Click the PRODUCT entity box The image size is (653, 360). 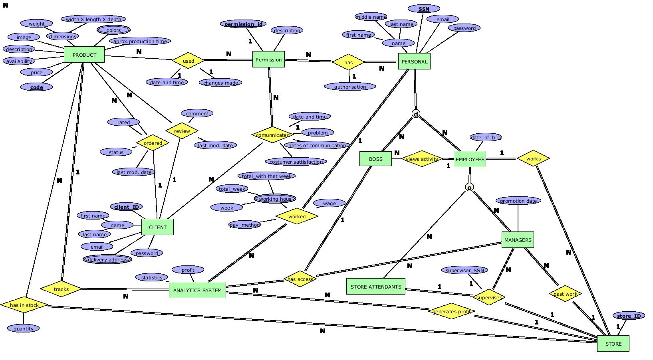pyautogui.click(x=84, y=55)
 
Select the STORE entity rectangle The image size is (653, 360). pyautogui.click(x=613, y=344)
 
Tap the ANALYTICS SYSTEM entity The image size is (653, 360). pyautogui.click(x=197, y=290)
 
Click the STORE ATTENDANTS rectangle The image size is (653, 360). pyautogui.click(x=375, y=287)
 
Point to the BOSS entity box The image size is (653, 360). pyautogui.click(x=375, y=159)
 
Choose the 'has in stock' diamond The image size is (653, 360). pyautogui.click(x=24, y=305)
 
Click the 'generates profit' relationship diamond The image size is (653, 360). pyautogui.click(x=451, y=311)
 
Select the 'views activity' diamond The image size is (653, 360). pyautogui.click(x=422, y=159)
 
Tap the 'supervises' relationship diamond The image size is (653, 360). pyautogui.click(x=489, y=297)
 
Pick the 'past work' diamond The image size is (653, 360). pyautogui.click(x=565, y=294)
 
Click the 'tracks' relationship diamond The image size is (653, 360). pyautogui.click(x=61, y=289)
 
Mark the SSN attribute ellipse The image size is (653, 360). pyautogui.click(x=424, y=9)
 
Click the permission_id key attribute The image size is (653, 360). pyautogui.click(x=243, y=24)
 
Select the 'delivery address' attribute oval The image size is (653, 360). pyautogui.click(x=107, y=259)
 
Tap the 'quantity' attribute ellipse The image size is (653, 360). pyautogui.click(x=23, y=328)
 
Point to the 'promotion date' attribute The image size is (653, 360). pyautogui.click(x=518, y=201)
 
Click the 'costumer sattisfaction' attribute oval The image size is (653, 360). pyautogui.click(x=296, y=162)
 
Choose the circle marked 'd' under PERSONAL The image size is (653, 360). pyautogui.click(x=416, y=114)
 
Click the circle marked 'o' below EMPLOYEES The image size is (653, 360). pyautogui.click(x=469, y=188)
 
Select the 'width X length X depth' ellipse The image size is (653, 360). pyautogui.click(x=93, y=19)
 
